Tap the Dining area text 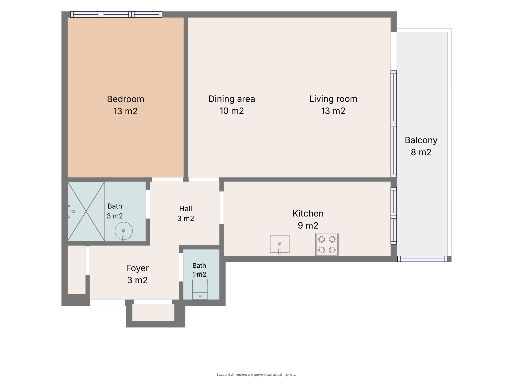pyautogui.click(x=232, y=99)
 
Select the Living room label pyautogui.click(x=333, y=99)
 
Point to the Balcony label pyautogui.click(x=421, y=140)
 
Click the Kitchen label pyautogui.click(x=308, y=213)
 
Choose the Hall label pyautogui.click(x=186, y=209)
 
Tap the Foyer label pyautogui.click(x=137, y=268)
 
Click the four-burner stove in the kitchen pyautogui.click(x=327, y=244)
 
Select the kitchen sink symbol pyautogui.click(x=280, y=244)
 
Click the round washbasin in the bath pyautogui.click(x=124, y=231)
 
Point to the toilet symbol pyautogui.click(x=200, y=286)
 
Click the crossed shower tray pyautogui.click(x=86, y=211)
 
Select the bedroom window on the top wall pyautogui.click(x=116, y=14)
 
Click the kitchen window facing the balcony pyautogui.click(x=394, y=216)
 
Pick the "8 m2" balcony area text pyautogui.click(x=421, y=152)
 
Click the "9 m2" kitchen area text pyautogui.click(x=308, y=226)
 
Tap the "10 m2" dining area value pyautogui.click(x=232, y=111)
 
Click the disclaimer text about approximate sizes pyautogui.click(x=256, y=375)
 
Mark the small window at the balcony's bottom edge pyautogui.click(x=422, y=259)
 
